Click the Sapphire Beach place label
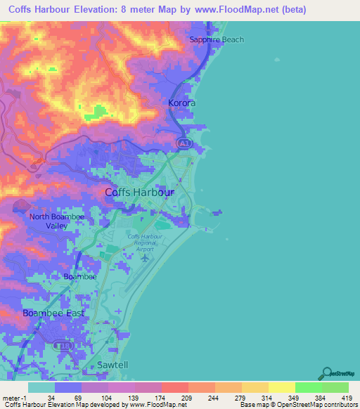click(217, 39)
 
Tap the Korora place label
click(181, 103)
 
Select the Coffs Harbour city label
click(139, 192)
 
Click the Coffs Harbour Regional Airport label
click(145, 243)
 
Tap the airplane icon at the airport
click(145, 258)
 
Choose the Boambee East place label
click(53, 313)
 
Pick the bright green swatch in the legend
click(308, 387)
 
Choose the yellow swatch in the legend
click(281, 387)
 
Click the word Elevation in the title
click(112, 11)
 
